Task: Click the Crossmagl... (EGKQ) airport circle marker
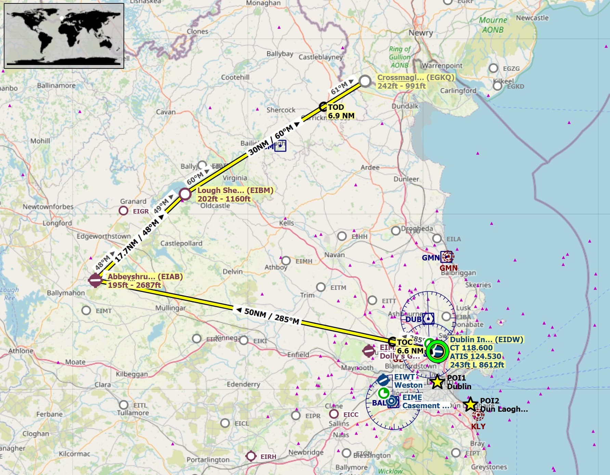pos(365,81)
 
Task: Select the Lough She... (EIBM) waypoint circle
pos(185,194)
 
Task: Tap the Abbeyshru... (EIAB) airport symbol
pos(95,280)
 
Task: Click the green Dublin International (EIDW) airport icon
pos(437,351)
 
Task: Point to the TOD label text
pos(336,107)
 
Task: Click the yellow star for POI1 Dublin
pos(437,382)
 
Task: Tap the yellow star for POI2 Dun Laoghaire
pos(470,405)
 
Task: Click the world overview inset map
pos(64,36)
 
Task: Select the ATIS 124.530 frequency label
pos(476,356)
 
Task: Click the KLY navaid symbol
pos(478,415)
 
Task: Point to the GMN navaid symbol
pos(447,256)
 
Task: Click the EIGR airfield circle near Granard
pos(124,211)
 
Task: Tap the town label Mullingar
pos(170,308)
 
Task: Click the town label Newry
pos(421,33)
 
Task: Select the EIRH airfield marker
pos(251,456)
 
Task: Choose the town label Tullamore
pos(133,413)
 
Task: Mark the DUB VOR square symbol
pos(428,319)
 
